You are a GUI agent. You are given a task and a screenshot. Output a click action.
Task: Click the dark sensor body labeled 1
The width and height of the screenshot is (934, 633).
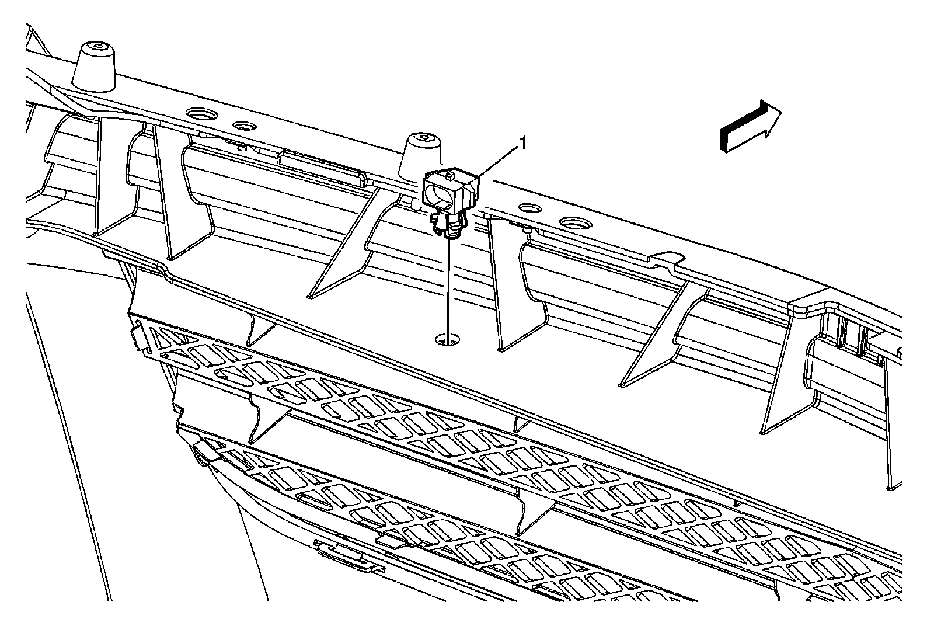[x=450, y=190]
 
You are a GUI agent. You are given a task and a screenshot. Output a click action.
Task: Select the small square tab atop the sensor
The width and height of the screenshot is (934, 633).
[x=449, y=173]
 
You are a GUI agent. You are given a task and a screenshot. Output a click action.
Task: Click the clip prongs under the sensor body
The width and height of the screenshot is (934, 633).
[x=448, y=226]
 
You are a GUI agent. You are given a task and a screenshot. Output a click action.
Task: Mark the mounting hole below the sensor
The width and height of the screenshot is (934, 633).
[x=448, y=339]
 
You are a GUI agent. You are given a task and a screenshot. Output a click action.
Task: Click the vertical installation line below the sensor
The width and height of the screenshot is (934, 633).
[x=449, y=286]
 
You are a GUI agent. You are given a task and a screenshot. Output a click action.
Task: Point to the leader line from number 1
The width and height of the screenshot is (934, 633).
[x=498, y=161]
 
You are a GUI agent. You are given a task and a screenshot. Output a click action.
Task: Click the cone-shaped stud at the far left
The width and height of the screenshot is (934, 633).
[x=94, y=65]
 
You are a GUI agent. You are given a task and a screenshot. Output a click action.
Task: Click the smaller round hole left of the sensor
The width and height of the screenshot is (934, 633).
[x=245, y=126]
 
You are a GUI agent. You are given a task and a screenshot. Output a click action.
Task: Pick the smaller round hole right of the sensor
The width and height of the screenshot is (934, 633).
[x=531, y=208]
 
